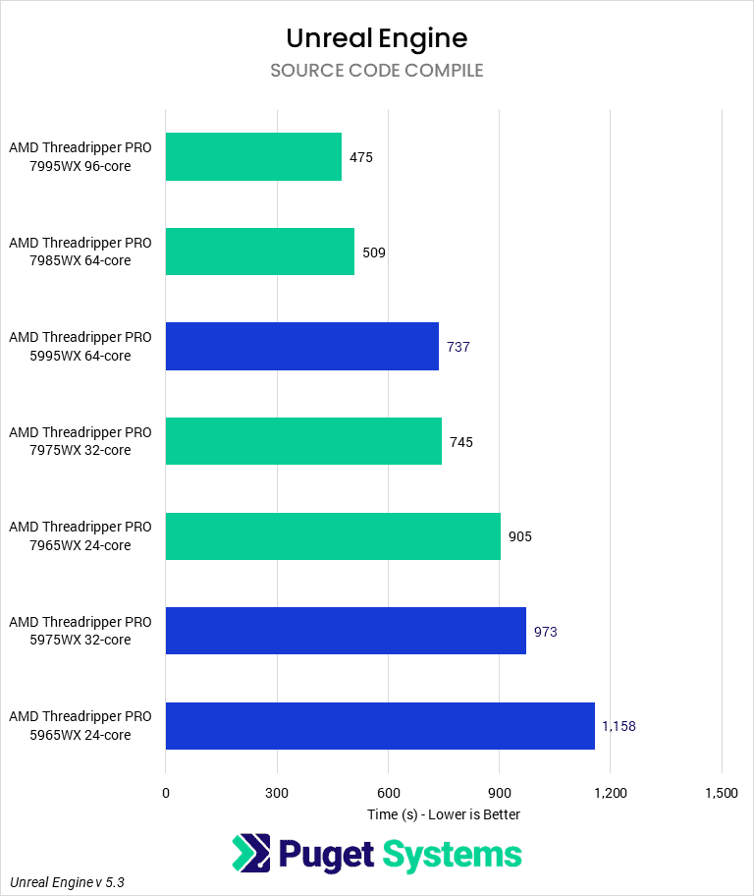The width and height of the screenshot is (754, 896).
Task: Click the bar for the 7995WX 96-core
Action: [x=253, y=157]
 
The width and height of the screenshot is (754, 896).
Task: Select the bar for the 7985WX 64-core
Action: [x=260, y=252]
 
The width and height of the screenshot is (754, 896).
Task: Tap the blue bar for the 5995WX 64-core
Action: [x=302, y=347]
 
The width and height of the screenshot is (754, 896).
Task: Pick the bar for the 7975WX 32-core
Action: [x=303, y=441]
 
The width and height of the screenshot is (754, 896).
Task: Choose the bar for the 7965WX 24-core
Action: [x=333, y=536]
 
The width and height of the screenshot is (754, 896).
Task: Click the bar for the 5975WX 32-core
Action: [x=346, y=631]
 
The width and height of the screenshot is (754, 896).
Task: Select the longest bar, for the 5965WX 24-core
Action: [x=380, y=726]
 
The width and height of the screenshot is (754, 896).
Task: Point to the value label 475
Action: [x=361, y=157]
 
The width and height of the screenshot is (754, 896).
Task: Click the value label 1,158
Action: [x=619, y=726]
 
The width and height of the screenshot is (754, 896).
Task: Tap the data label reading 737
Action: [x=458, y=347]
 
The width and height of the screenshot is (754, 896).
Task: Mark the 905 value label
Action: [x=520, y=536]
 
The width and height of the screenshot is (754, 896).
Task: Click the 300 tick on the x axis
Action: [x=277, y=793]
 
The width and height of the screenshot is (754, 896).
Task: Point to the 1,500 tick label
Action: [x=722, y=793]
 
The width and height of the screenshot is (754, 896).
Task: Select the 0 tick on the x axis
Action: [x=166, y=793]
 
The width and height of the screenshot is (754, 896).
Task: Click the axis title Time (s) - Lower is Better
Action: [x=444, y=814]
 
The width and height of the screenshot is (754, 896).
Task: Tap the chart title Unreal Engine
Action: [x=377, y=38]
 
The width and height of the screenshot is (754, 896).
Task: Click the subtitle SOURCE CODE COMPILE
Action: [x=377, y=71]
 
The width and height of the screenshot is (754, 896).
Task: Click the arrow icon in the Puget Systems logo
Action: [x=251, y=854]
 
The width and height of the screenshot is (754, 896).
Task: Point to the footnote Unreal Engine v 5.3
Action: [x=67, y=882]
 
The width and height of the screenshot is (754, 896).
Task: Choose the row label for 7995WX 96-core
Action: [x=81, y=157]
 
